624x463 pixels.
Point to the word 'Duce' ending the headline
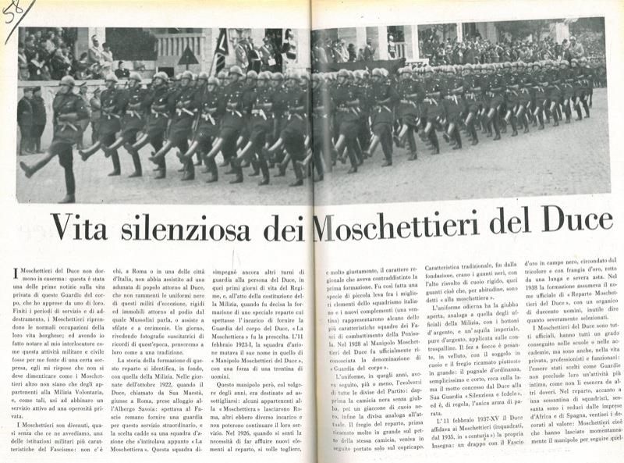[x=556, y=227]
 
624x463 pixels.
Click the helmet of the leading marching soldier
[x=68, y=80]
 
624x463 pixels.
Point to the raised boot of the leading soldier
[x=29, y=168]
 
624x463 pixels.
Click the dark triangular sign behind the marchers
[x=188, y=57]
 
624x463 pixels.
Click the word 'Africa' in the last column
[x=551, y=438]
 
